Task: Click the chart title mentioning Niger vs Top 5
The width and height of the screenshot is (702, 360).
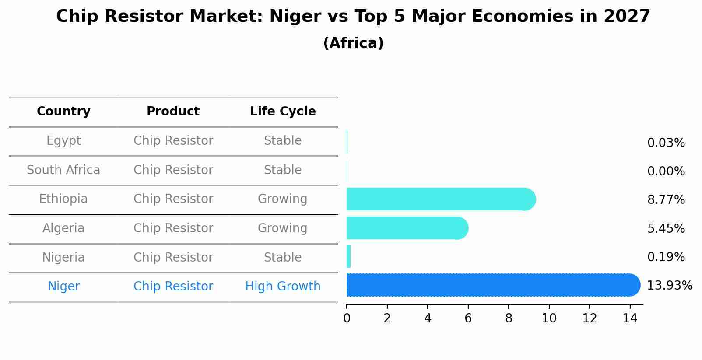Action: [353, 17]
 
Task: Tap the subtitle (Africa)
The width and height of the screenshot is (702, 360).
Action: [353, 43]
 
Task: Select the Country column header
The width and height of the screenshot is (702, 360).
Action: [63, 112]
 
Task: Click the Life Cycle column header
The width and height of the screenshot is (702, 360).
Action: [283, 112]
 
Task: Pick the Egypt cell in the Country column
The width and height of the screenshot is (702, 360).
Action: [63, 141]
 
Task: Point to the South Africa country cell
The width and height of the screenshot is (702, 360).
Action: [63, 170]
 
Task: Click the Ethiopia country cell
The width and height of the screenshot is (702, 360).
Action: [63, 199]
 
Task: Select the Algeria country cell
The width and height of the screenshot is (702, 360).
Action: [63, 228]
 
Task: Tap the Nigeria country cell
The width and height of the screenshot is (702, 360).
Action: [63, 258]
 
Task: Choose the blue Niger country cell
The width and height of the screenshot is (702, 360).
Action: [63, 287]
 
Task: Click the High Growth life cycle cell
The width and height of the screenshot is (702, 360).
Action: [283, 287]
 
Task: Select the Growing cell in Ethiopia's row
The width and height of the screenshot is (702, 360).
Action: [283, 199]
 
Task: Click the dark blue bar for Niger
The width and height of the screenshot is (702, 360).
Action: [490, 285]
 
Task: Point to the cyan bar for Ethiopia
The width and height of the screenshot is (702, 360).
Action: [438, 199]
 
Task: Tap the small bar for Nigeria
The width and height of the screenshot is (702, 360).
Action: [349, 256]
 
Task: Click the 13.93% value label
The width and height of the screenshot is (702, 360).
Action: [670, 286]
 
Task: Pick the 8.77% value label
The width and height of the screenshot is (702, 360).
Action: [666, 200]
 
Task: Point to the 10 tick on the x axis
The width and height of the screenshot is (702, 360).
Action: [549, 318]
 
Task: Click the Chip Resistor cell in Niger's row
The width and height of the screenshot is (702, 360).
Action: [173, 287]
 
